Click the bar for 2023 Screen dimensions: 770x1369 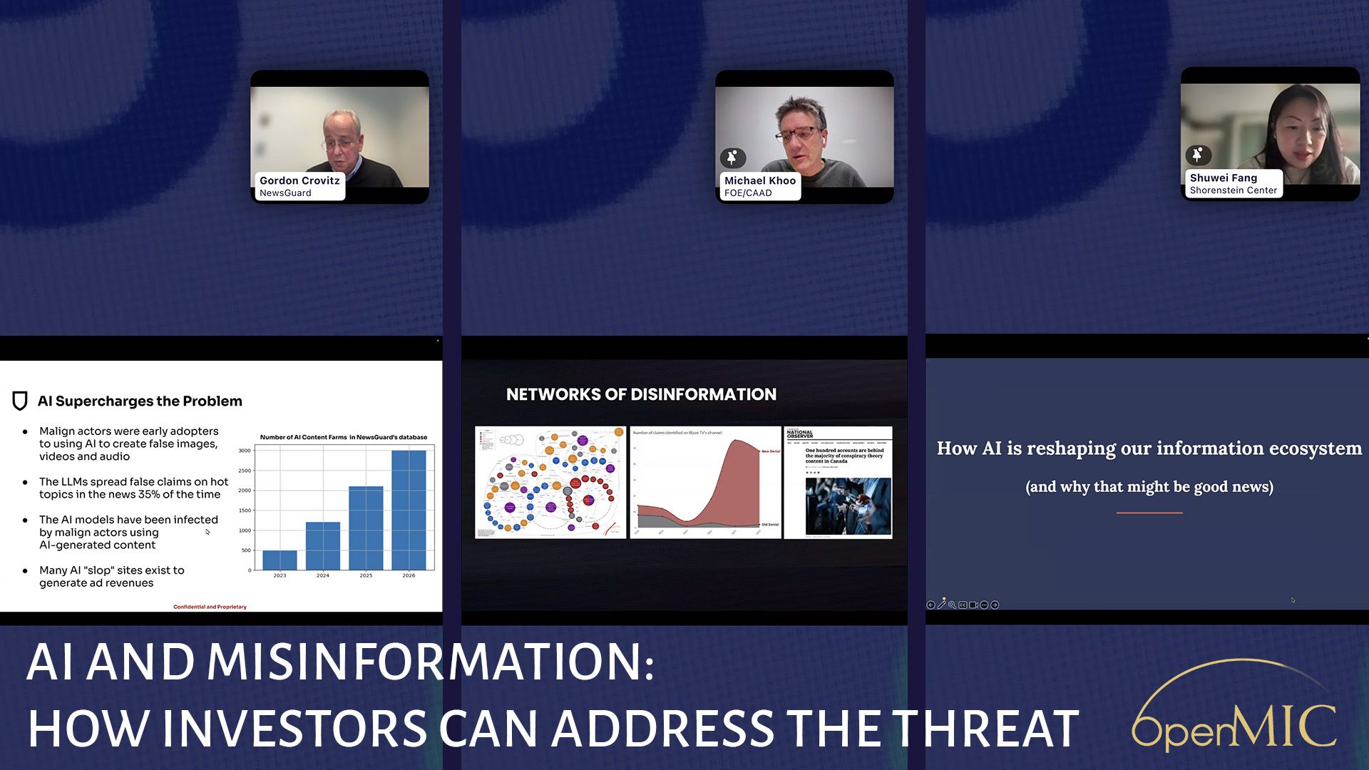pos(280,560)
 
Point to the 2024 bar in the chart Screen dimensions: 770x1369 pos(323,545)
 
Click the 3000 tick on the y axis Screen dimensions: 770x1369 pos(245,451)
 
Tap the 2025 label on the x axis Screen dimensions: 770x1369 pos(366,575)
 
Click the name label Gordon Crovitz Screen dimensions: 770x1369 pos(299,181)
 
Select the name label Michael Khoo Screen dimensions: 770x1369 pos(759,181)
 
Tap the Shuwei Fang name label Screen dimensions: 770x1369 pos(1223,178)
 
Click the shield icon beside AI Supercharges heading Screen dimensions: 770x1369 pos(20,401)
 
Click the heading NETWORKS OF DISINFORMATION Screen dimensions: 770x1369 pos(641,394)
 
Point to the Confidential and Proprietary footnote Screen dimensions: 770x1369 pos(210,607)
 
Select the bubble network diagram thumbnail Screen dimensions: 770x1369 pos(550,482)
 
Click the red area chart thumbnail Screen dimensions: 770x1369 pos(705,482)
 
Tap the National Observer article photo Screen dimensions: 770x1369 pos(848,506)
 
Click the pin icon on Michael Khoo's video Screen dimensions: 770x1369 pos(732,158)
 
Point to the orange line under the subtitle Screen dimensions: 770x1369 pos(1149,513)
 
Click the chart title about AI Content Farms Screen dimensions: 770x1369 pos(343,437)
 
